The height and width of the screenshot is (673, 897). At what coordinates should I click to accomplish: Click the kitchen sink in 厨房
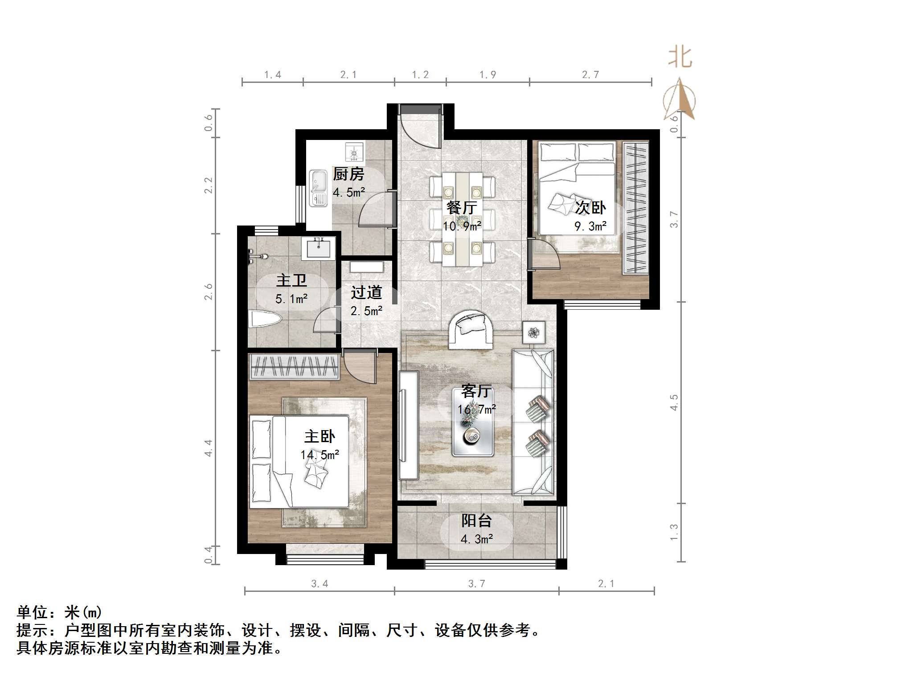pyautogui.click(x=318, y=188)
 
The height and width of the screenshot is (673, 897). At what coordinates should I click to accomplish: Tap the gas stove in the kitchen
pyautogui.click(x=355, y=152)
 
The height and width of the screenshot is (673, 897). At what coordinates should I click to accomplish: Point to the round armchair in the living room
pyautogui.click(x=471, y=329)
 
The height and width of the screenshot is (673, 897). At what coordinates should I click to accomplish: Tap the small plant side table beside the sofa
pyautogui.click(x=533, y=332)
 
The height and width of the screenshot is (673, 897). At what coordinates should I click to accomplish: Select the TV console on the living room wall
pyautogui.click(x=408, y=425)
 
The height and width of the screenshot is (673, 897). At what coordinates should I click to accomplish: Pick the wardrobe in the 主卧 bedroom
pyautogui.click(x=294, y=366)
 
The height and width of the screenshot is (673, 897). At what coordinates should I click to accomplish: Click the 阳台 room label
pyautogui.click(x=476, y=521)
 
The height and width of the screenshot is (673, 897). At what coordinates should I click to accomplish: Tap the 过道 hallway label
pyautogui.click(x=366, y=292)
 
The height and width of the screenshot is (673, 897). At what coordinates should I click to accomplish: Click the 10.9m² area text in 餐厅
pyautogui.click(x=462, y=226)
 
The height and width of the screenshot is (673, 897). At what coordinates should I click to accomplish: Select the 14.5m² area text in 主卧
pyautogui.click(x=319, y=455)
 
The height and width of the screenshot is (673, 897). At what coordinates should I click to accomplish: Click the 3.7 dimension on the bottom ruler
pyautogui.click(x=476, y=584)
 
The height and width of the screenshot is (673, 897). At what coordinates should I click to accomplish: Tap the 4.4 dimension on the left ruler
pyautogui.click(x=208, y=447)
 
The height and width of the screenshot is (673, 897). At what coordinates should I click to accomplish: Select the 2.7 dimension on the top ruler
pyautogui.click(x=590, y=74)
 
